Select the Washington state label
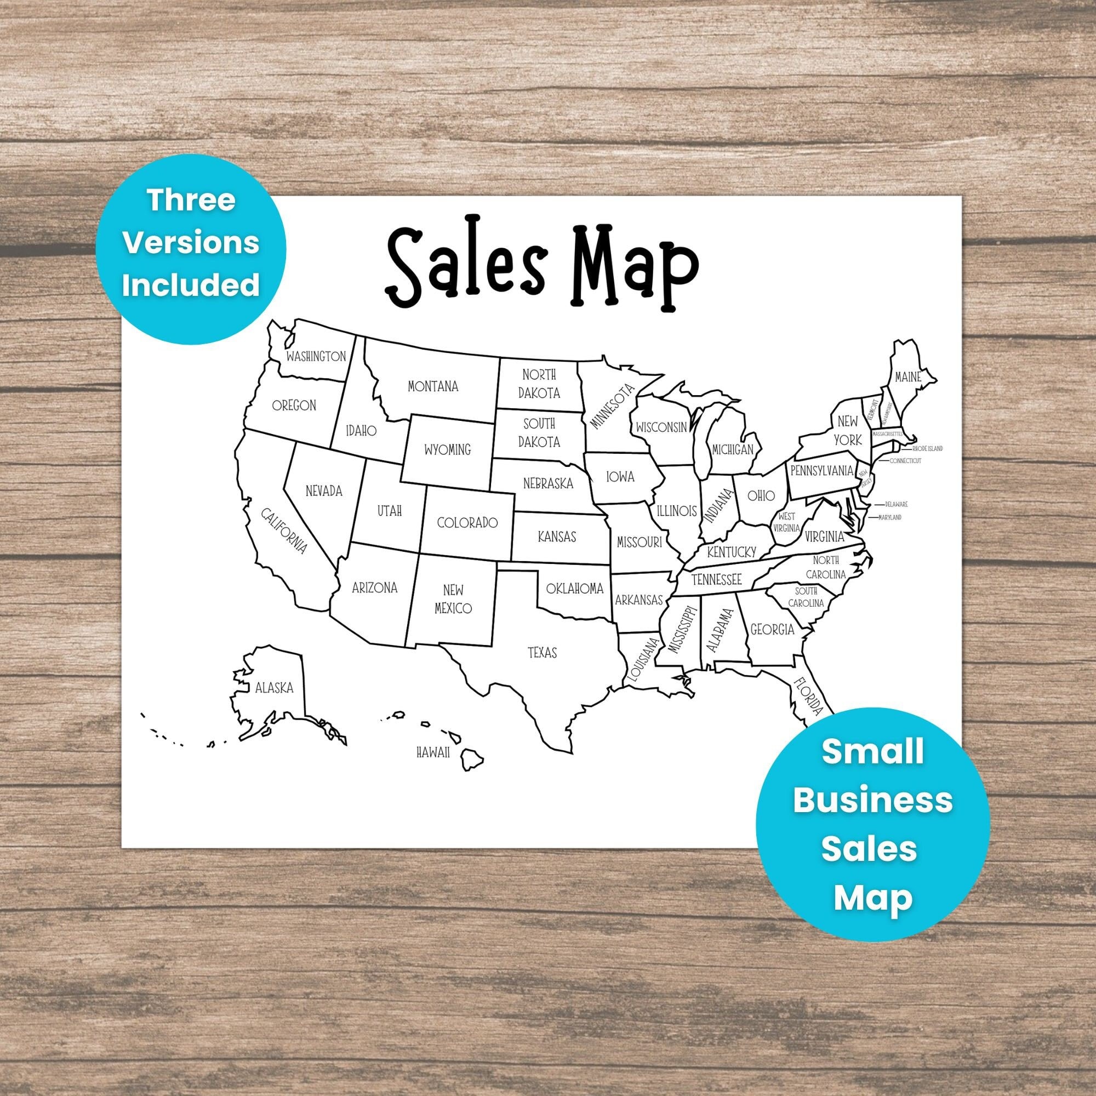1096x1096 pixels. tap(316, 356)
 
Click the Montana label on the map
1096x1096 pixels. tap(433, 387)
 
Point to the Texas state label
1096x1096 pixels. tap(543, 653)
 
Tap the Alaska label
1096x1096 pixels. tap(274, 688)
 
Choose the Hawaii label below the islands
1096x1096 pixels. tap(433, 753)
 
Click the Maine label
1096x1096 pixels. tap(907, 376)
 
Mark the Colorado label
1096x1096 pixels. tap(467, 522)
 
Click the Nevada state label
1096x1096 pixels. tap(324, 490)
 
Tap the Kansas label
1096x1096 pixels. tap(557, 536)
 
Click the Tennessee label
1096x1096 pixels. tap(716, 580)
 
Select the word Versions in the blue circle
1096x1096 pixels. tap(192, 244)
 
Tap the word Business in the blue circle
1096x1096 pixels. tap(872, 801)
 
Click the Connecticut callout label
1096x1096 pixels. tap(905, 461)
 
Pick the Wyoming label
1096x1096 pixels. tap(448, 450)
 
